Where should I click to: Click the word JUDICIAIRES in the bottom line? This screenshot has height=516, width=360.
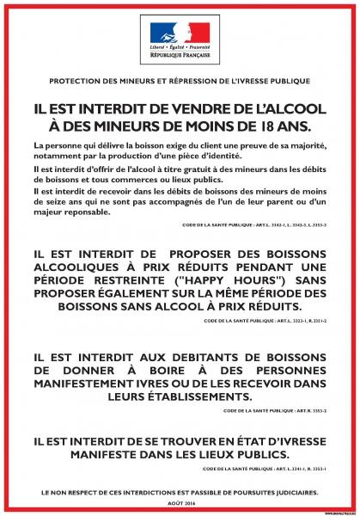(x=292, y=491)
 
